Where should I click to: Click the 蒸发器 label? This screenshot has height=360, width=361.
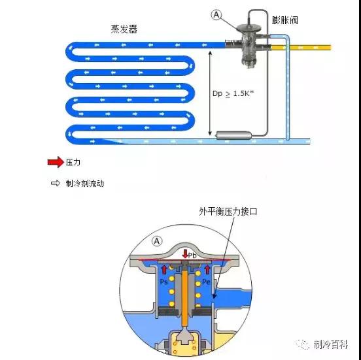coord(124,29)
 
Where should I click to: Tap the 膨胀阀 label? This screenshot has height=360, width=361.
coord(284,20)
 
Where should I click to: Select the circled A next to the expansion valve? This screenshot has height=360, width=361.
coord(216,15)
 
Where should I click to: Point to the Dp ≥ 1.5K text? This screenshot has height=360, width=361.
coord(233,93)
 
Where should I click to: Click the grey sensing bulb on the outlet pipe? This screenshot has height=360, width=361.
coord(233,135)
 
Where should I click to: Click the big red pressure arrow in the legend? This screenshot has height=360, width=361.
coord(56,162)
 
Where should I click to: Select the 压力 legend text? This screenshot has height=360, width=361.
coord(73,162)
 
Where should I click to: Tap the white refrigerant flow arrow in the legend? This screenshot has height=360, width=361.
coord(56,183)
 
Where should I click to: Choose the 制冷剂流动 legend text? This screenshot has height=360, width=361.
coord(85,184)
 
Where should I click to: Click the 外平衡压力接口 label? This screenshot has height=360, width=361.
coord(228,212)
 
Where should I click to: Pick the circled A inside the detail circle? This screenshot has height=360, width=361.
coord(157,241)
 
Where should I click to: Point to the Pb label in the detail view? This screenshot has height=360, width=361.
coord(192,255)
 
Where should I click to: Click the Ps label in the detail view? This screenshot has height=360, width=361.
coord(163,282)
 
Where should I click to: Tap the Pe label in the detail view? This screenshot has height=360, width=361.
coord(206,282)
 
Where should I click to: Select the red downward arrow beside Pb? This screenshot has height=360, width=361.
coord(185,254)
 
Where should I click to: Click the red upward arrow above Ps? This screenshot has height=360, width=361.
coord(164,269)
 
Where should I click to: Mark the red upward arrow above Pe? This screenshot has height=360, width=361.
coord(207,269)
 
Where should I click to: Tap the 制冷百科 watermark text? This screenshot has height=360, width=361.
coord(331,344)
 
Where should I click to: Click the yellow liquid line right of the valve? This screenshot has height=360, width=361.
coord(301,48)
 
